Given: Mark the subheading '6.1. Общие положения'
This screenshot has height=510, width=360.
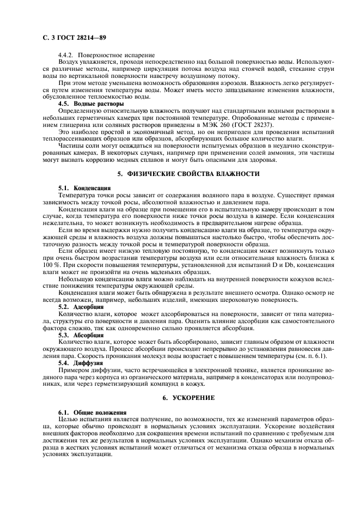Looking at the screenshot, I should [93, 412].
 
